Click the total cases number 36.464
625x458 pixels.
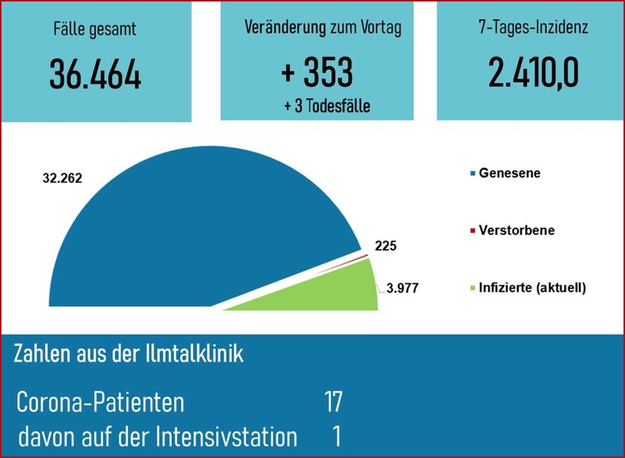(95, 74)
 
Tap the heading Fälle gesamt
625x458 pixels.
(95, 30)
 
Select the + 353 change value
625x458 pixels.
(317, 72)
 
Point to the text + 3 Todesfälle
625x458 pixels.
(327, 106)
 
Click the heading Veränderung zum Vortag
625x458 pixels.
(323, 28)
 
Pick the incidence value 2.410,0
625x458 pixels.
(534, 72)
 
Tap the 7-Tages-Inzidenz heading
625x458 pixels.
(534, 28)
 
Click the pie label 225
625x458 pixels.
(385, 245)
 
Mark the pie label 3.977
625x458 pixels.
(404, 288)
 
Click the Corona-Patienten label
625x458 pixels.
(100, 403)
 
